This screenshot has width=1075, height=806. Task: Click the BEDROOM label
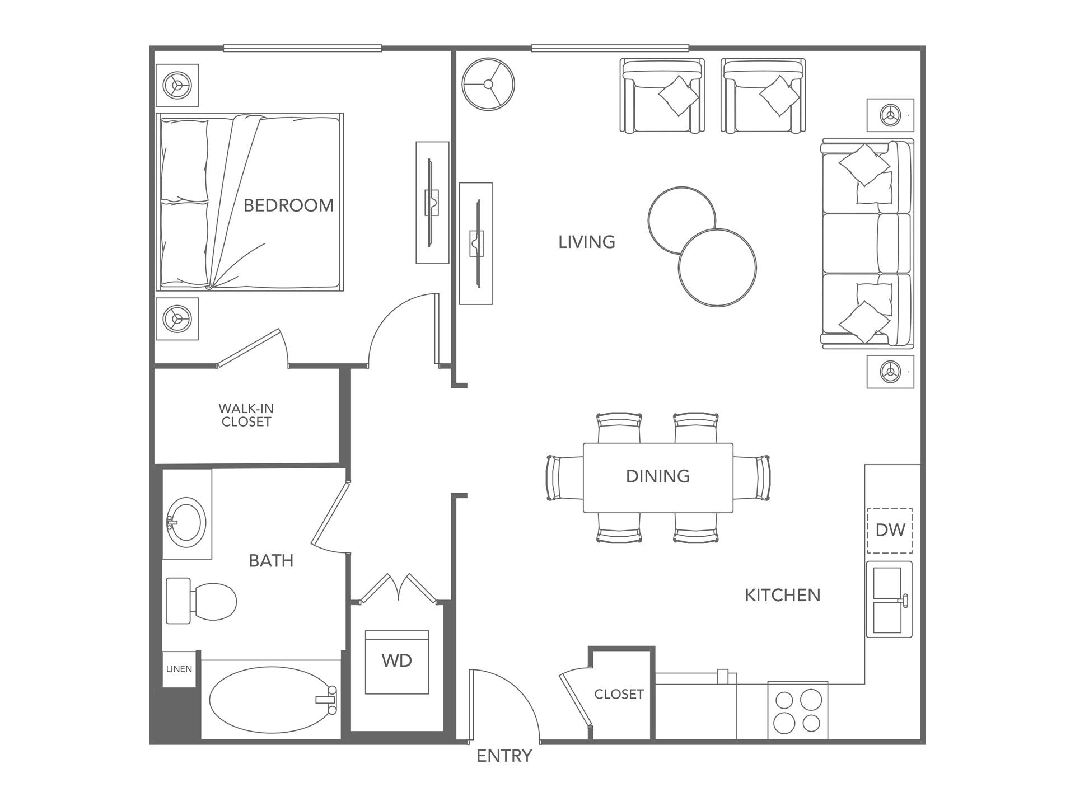coord(288,205)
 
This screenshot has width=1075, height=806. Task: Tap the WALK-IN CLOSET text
coord(246,415)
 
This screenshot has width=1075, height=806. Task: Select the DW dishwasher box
coord(890,530)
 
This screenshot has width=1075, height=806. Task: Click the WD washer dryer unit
coord(397,662)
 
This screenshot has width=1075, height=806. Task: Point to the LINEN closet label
coord(179,669)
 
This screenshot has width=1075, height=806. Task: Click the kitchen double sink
coord(889,599)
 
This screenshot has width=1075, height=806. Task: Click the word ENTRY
coord(504,756)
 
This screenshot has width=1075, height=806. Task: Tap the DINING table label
coord(657,476)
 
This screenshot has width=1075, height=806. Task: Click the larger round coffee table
coord(718,268)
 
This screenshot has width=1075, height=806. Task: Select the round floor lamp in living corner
coord(488,85)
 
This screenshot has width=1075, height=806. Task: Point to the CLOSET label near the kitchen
coord(619,694)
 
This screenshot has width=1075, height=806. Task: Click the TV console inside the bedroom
coord(432,203)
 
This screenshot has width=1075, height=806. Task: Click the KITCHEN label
coord(782,595)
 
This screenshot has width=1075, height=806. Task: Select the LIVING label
coord(587,242)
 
